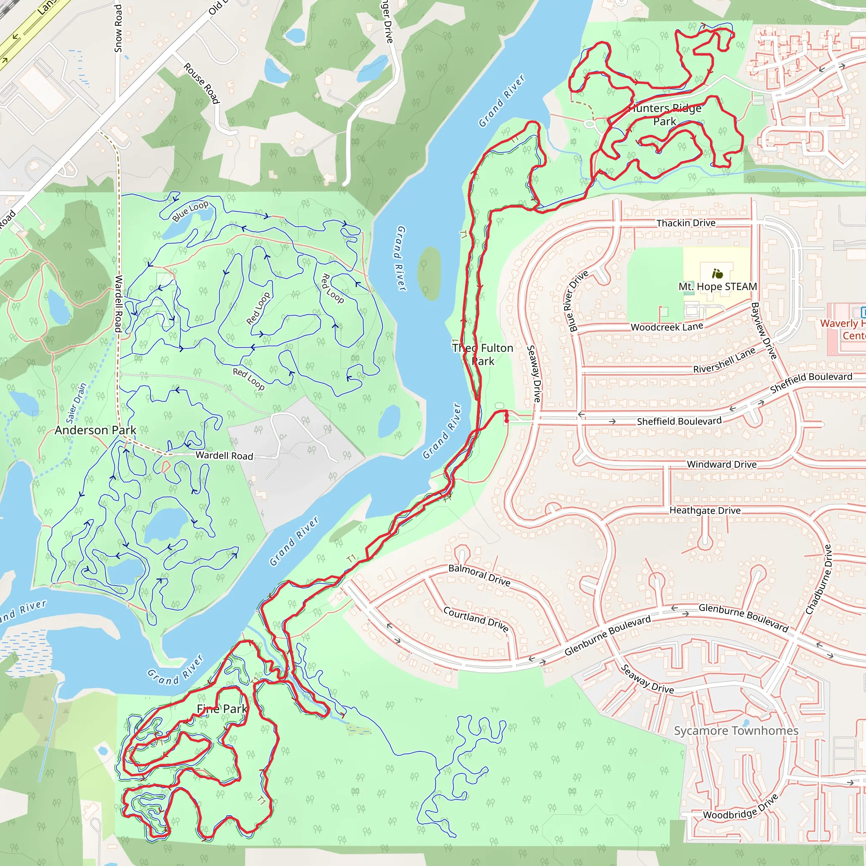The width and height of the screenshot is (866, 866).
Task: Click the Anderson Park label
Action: [95, 430]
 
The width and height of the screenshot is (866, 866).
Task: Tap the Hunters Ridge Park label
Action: [665, 115]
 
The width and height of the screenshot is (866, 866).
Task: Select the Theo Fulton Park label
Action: [483, 354]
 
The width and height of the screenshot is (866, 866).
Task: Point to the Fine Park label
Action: [222, 709]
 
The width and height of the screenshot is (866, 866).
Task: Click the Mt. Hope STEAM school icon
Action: [717, 274]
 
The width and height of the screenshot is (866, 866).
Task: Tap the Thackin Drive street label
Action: [686, 223]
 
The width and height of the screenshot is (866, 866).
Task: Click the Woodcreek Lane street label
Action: [667, 327]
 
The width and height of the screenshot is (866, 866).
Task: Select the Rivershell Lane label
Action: [724, 361]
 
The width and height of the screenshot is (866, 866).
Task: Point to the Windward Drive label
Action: [722, 464]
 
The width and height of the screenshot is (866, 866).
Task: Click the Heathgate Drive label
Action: [705, 510]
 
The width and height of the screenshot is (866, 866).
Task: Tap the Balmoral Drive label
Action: [479, 575]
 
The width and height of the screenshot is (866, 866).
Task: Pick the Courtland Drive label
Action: [476, 619]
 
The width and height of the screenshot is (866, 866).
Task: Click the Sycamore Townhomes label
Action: [736, 731]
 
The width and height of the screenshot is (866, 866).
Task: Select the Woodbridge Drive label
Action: [740, 807]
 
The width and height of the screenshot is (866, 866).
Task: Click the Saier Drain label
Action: [76, 403]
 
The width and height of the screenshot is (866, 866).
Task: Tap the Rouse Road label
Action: [202, 83]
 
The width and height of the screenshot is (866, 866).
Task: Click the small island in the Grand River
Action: [429, 273]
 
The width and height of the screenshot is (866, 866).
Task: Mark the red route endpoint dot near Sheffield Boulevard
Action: [507, 420]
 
